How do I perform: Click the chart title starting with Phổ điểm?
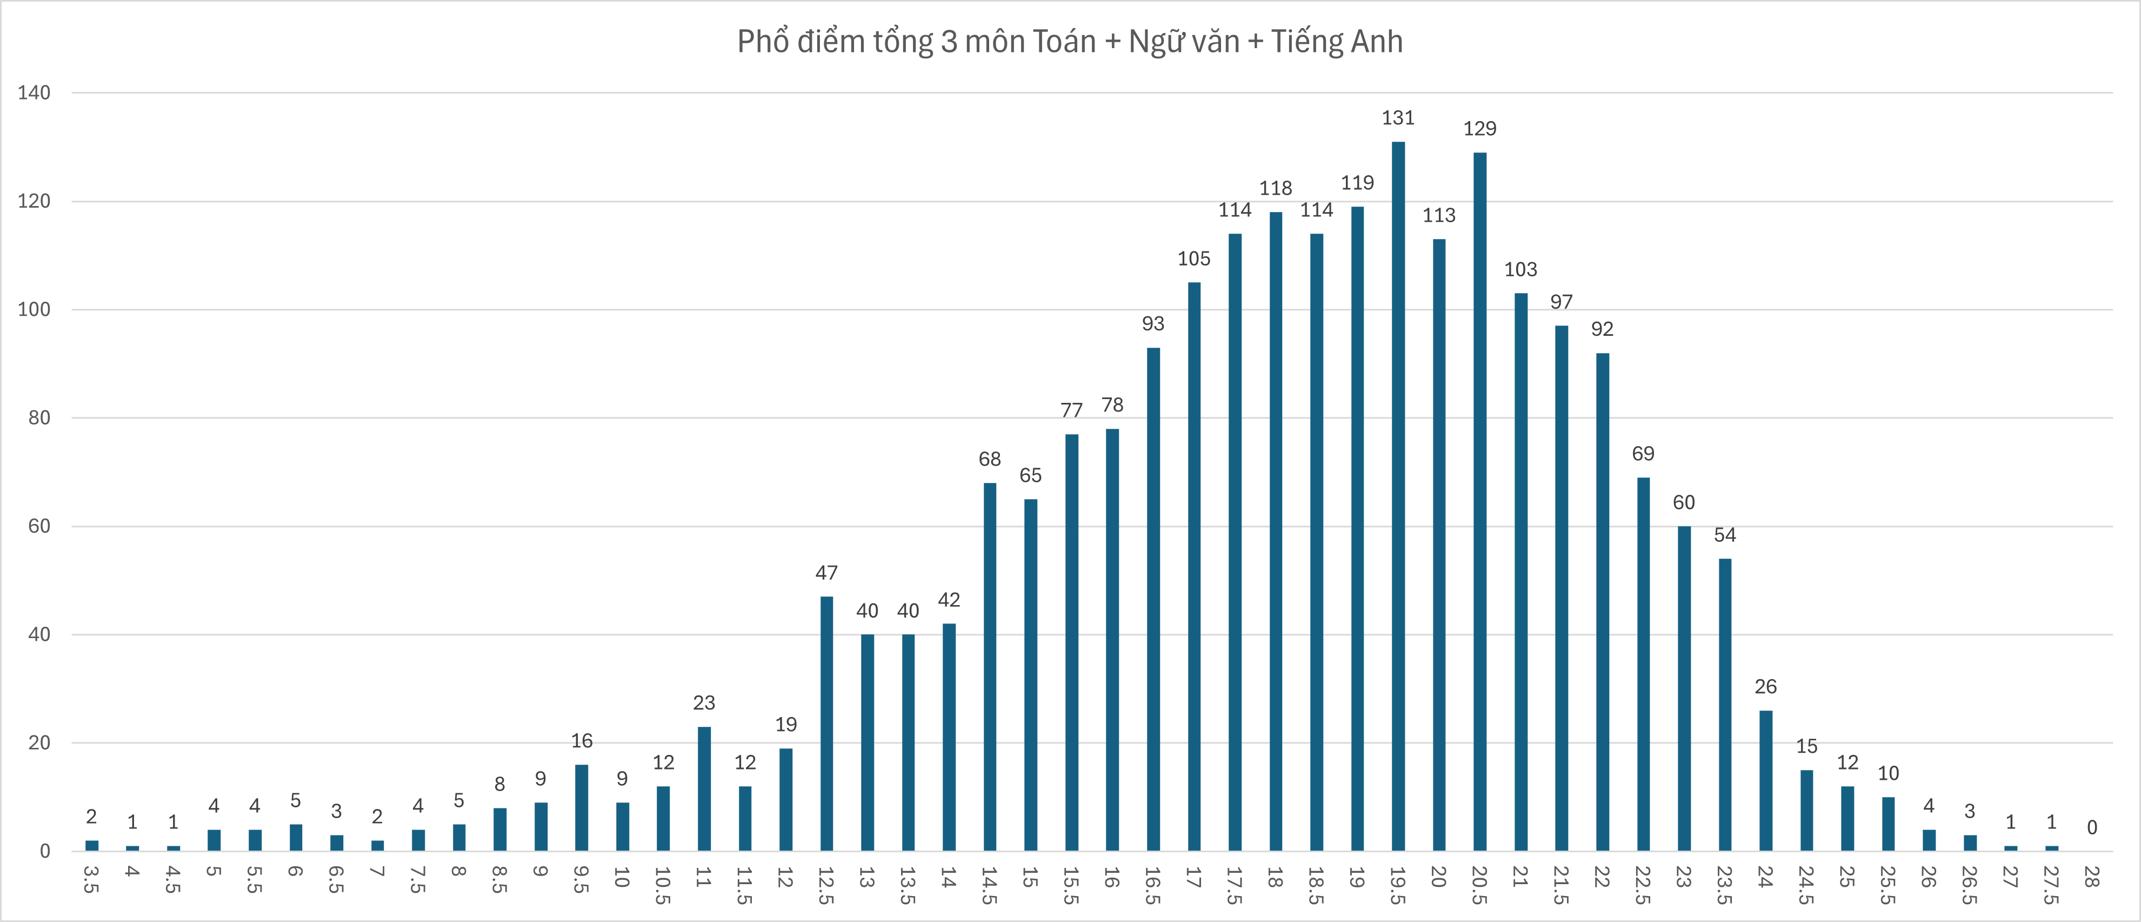tap(1070, 42)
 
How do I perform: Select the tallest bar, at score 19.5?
tap(1398, 496)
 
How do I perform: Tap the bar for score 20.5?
tap(1479, 501)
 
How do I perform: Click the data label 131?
tap(1398, 118)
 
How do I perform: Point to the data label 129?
tap(1479, 129)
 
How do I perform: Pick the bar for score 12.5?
tap(826, 724)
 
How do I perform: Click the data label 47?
tap(826, 573)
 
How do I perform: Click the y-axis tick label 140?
tap(34, 92)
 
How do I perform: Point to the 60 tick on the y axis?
tap(39, 526)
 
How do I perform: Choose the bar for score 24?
tap(1765, 781)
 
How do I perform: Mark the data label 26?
tap(1765, 687)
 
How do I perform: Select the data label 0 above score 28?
tap(2092, 827)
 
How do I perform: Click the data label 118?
tap(1276, 189)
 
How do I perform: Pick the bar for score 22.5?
tap(1643, 664)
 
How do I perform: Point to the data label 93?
tap(1153, 323)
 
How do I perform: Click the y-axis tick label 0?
tap(45, 851)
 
